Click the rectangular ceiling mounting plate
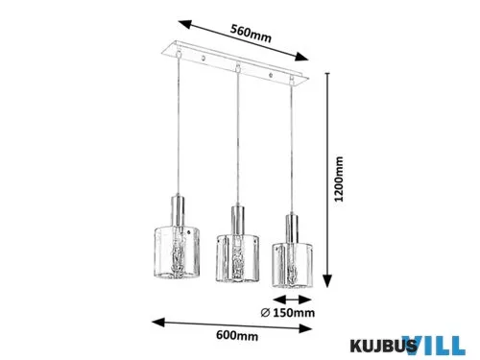236,63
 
